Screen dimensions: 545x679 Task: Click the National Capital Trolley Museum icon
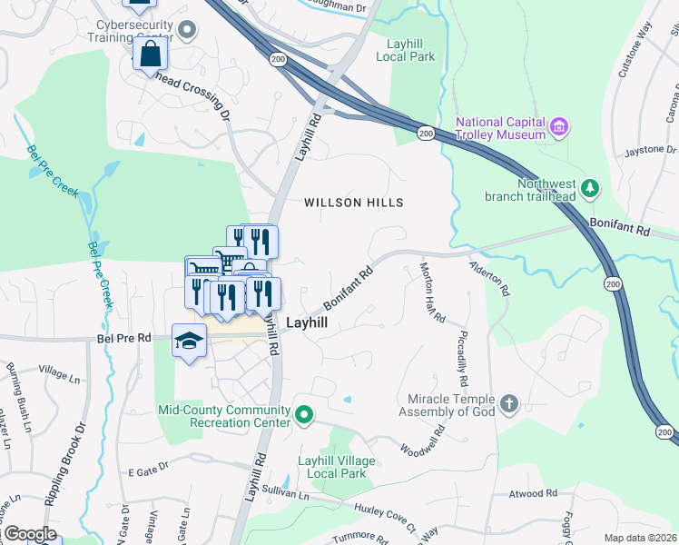[x=559, y=125]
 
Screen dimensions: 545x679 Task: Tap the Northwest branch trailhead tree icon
[x=591, y=188]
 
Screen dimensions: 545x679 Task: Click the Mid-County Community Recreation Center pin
[x=305, y=417]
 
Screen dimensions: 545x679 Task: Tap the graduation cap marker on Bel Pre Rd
[x=189, y=342]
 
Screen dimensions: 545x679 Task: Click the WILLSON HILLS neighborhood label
[x=353, y=203]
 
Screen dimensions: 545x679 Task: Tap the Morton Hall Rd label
[x=432, y=292]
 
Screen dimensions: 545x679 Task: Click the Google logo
[x=29, y=534]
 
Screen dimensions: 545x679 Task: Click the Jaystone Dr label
[x=645, y=150]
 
